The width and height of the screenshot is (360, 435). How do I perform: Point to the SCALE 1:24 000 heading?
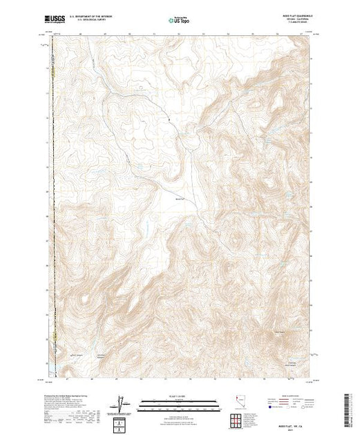click(x=179, y=396)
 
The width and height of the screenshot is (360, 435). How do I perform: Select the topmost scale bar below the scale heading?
click(x=179, y=400)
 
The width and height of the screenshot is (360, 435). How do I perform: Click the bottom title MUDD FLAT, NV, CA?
click(x=290, y=423)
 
